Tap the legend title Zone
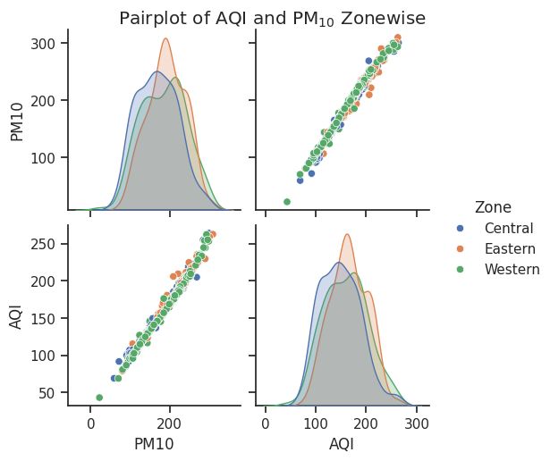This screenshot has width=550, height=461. [493, 207]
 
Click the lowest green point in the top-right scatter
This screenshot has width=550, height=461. [287, 202]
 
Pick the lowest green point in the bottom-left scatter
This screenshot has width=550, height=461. [99, 398]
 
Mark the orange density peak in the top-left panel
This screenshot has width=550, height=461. [166, 39]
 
